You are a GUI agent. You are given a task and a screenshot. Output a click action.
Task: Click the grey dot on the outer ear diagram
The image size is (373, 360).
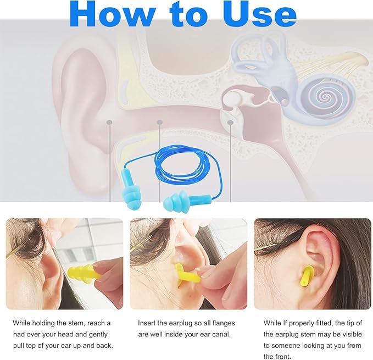109,122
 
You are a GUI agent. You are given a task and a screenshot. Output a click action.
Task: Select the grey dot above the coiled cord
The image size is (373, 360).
159,121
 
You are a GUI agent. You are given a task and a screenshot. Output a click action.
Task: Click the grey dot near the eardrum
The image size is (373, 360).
231,122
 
